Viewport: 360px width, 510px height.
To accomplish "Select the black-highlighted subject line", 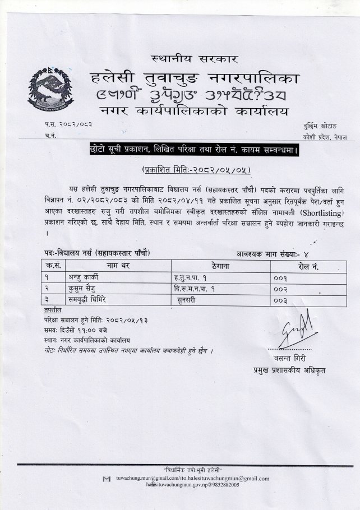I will [193, 150].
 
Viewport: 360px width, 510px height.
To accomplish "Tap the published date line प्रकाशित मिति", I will [193, 169].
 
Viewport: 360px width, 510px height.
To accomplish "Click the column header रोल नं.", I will [308, 266].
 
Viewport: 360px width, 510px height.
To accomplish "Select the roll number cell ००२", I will [280, 289].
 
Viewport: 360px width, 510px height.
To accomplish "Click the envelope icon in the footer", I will [106, 479].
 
